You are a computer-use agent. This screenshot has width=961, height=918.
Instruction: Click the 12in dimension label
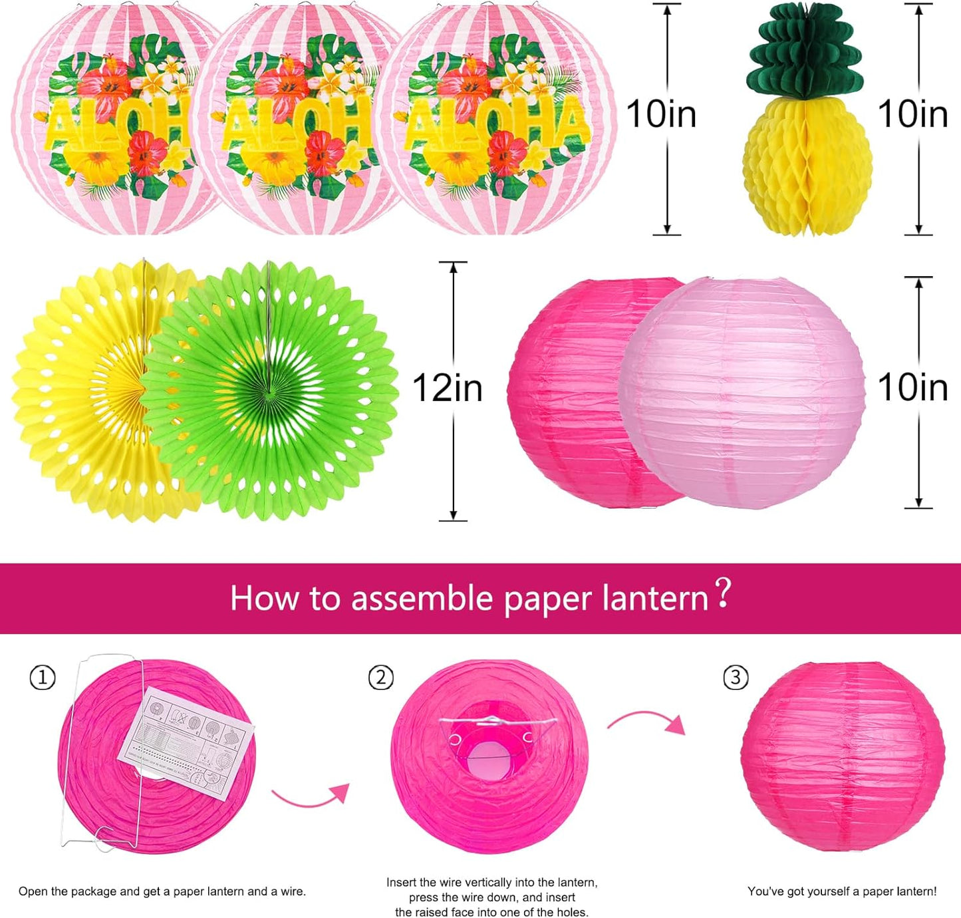coord(447,388)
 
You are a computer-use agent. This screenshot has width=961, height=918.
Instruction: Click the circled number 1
coord(43,678)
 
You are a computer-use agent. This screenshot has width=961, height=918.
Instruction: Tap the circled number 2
coord(381,678)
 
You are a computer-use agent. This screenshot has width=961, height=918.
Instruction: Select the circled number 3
coord(735,678)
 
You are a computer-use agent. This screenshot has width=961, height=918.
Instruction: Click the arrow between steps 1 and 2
coord(311,795)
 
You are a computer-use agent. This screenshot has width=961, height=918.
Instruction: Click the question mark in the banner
coord(723,594)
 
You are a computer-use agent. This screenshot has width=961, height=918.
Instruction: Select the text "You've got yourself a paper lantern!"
coord(841,891)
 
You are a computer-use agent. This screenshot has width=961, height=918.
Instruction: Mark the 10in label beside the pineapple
coord(912,114)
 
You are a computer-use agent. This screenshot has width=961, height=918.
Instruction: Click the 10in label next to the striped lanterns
coord(661,114)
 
